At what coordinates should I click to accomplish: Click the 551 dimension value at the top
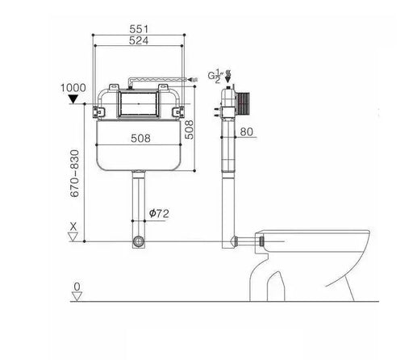142,28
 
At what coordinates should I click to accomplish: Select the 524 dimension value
142,40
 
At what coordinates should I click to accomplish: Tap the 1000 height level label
73,87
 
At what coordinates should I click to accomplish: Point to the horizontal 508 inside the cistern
142,138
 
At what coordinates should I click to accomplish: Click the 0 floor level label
76,287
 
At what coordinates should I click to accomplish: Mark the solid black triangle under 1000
74,99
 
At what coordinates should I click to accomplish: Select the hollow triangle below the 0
76,297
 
